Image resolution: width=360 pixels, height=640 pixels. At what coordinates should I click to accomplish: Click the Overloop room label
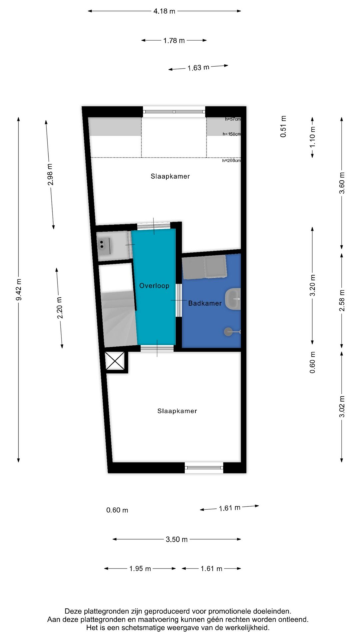click(x=154, y=286)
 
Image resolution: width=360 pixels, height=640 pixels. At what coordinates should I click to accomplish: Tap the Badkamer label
click(x=205, y=303)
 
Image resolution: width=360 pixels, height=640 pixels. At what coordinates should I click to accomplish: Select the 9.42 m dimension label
click(x=19, y=289)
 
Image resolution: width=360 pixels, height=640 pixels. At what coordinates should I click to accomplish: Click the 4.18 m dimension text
click(x=164, y=11)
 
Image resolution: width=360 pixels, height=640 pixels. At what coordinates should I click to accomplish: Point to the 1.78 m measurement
click(x=174, y=40)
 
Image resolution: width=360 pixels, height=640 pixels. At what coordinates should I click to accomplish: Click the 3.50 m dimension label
click(x=177, y=539)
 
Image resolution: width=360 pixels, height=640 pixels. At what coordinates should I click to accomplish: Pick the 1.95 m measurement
click(x=140, y=568)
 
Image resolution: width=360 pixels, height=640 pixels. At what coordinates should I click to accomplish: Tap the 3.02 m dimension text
click(x=342, y=406)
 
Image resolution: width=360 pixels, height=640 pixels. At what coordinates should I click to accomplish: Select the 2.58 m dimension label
click(x=342, y=300)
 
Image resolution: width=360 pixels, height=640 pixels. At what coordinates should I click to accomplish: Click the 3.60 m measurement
click(x=342, y=183)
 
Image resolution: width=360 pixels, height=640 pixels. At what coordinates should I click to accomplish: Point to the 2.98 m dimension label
click(x=50, y=174)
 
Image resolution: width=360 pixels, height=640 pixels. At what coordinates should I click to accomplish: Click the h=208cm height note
click(x=231, y=160)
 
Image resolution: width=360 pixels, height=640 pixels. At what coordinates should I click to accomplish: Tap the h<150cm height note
click(x=232, y=134)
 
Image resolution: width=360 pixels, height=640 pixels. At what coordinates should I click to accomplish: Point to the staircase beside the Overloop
click(x=119, y=318)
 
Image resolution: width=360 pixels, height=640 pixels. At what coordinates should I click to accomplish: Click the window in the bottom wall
click(x=204, y=467)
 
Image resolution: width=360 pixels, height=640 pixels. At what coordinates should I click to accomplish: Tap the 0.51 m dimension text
click(x=283, y=126)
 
